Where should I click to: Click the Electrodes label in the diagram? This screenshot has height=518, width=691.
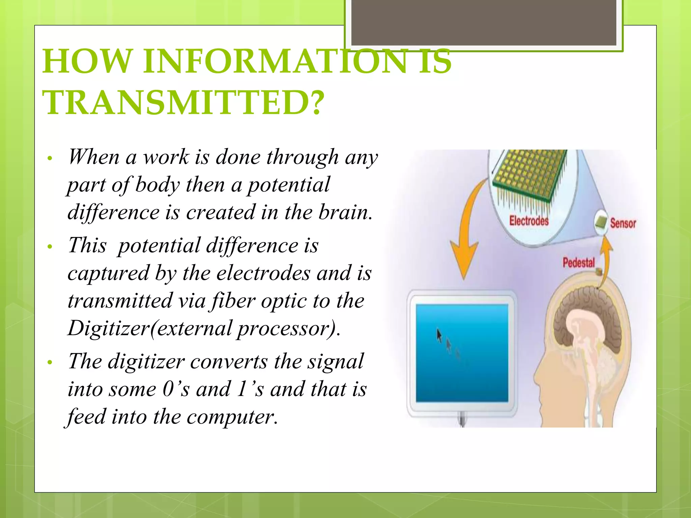(x=529, y=221)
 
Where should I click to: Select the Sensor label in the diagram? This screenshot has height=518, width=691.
(x=623, y=223)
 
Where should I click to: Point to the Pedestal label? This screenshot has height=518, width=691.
(x=578, y=262)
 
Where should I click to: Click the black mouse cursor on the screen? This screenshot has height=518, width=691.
(x=439, y=335)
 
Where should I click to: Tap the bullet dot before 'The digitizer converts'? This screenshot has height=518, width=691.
(x=50, y=363)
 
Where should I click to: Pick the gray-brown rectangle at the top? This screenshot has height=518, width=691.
(x=483, y=22)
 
